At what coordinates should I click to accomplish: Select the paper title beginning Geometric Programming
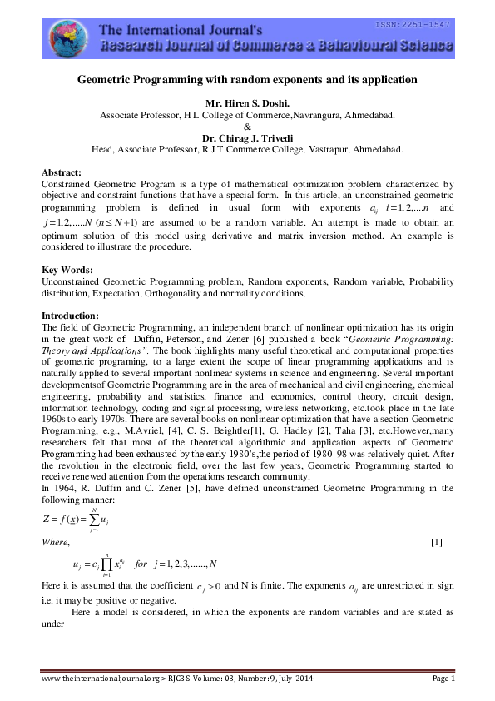tap(247, 81)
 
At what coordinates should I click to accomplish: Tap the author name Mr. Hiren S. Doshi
tap(247, 103)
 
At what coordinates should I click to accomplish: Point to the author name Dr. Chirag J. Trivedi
tap(247, 138)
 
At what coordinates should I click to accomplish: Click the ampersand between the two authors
tap(247, 127)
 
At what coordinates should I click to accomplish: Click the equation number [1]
tap(435, 543)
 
